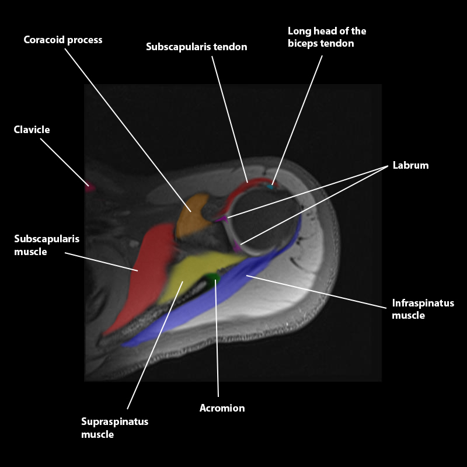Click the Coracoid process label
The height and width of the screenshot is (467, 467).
tap(63, 40)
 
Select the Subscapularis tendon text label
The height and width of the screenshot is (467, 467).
tap(196, 47)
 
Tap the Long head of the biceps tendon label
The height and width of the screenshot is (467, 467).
tap(327, 37)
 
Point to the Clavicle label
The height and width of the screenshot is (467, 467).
tap(32, 130)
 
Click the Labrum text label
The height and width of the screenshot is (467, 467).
tap(410, 165)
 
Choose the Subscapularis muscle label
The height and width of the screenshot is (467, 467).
tap(47, 245)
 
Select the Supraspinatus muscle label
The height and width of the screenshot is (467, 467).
tap(115, 428)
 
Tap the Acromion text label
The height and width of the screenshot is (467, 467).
tap(222, 409)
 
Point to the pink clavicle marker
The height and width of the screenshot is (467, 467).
tap(89, 187)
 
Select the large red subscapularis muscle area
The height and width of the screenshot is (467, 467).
tap(143, 274)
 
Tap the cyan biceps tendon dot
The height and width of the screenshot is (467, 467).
tap(270, 187)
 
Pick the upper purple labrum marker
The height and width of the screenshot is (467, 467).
tap(222, 218)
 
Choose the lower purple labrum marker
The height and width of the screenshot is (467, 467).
tap(237, 247)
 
